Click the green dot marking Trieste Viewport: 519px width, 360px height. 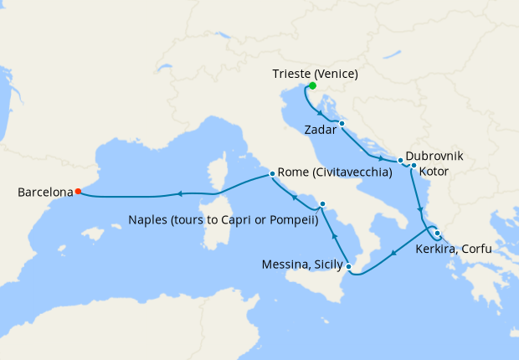tap(312, 85)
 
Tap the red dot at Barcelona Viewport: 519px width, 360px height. tap(78, 191)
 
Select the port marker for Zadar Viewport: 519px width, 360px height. tap(342, 124)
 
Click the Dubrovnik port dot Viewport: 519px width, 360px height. tap(401, 160)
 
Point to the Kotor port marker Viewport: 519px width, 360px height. tap(414, 166)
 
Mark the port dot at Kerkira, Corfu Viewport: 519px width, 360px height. tap(437, 234)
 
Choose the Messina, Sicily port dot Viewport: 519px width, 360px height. tap(350, 267)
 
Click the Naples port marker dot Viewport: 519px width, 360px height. tap(322, 203)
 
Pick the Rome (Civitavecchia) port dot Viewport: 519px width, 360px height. tap(272, 174)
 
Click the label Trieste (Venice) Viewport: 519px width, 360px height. tap(315, 74)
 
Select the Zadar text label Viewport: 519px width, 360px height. tap(321, 130)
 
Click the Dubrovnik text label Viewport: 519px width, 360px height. tap(434, 157)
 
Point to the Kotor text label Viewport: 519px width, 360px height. tap(435, 171)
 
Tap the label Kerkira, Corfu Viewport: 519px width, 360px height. tap(453, 249)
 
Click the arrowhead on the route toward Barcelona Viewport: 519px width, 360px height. tap(178, 195)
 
